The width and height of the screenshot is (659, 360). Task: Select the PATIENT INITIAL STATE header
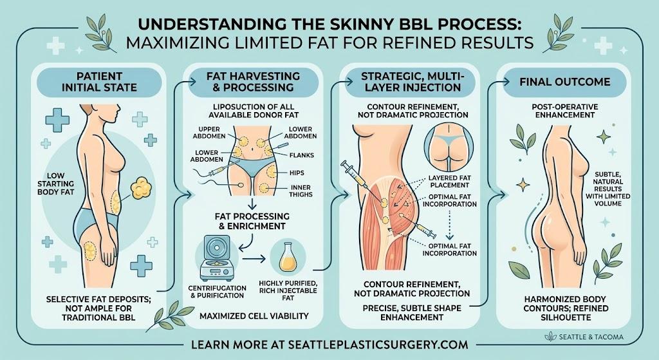tap(99, 82)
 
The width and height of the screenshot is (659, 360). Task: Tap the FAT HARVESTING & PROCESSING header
tap(253, 82)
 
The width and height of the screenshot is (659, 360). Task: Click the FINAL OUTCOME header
tap(564, 82)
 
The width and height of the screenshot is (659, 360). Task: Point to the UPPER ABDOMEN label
tap(209, 133)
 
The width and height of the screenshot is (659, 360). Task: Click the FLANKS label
tap(301, 155)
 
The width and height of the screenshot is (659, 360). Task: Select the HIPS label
tap(297, 173)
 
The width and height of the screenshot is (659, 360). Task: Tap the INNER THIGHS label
tap(301, 191)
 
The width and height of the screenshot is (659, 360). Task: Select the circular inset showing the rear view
tap(449, 146)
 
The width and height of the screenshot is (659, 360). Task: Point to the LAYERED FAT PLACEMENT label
tap(449, 182)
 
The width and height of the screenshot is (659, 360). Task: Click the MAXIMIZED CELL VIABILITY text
tap(254, 316)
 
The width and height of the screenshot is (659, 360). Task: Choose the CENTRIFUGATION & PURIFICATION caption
tap(217, 292)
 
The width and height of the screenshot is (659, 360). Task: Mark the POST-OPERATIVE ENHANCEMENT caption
tap(564, 111)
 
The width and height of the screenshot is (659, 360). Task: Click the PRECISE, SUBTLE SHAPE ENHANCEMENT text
tap(412, 313)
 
